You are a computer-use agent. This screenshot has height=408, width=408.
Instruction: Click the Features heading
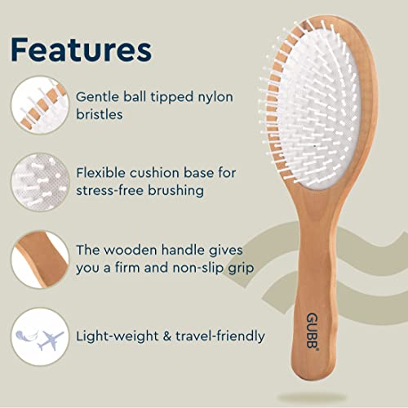(x=82, y=51)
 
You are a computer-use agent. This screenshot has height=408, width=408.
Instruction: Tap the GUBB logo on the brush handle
(x=313, y=330)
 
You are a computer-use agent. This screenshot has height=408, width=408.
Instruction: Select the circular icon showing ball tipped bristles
(x=40, y=105)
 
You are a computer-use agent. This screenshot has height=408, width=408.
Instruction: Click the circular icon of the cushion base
(x=40, y=182)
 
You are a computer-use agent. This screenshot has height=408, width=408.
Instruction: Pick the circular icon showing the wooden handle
(x=40, y=259)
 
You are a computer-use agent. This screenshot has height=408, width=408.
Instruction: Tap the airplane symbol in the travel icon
(x=51, y=340)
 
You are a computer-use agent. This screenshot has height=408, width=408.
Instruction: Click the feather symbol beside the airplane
(x=27, y=336)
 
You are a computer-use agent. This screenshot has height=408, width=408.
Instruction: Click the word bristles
(x=100, y=114)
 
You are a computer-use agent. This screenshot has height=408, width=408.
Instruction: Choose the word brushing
(x=176, y=190)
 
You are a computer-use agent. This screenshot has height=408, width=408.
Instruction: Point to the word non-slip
(x=198, y=268)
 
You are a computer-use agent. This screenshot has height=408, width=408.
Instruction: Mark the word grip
(x=241, y=268)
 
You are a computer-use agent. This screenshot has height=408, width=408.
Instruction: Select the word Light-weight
(x=118, y=337)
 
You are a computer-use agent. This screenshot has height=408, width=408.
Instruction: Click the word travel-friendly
(x=220, y=337)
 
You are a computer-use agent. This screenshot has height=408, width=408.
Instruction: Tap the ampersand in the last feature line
(x=167, y=336)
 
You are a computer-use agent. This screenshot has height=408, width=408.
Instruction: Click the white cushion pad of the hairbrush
(x=320, y=109)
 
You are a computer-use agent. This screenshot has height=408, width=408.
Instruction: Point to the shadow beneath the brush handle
(x=312, y=398)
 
